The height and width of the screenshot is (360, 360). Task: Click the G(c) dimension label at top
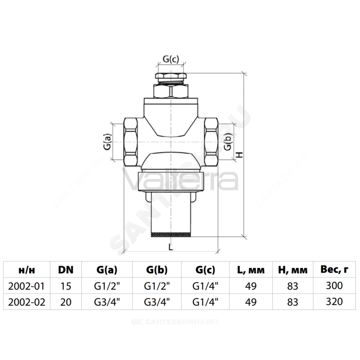point(171,59)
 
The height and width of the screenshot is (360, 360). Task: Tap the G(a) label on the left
point(107,142)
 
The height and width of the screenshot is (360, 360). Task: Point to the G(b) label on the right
point(228,142)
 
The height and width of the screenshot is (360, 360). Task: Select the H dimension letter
point(239,155)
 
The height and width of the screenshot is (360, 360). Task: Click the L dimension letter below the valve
point(171,247)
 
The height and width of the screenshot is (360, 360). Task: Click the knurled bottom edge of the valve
point(171,234)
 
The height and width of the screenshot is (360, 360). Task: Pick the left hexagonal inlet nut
point(131,142)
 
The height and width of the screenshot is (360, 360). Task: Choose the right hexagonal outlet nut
point(211,142)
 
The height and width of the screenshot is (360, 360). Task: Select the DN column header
point(66,270)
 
